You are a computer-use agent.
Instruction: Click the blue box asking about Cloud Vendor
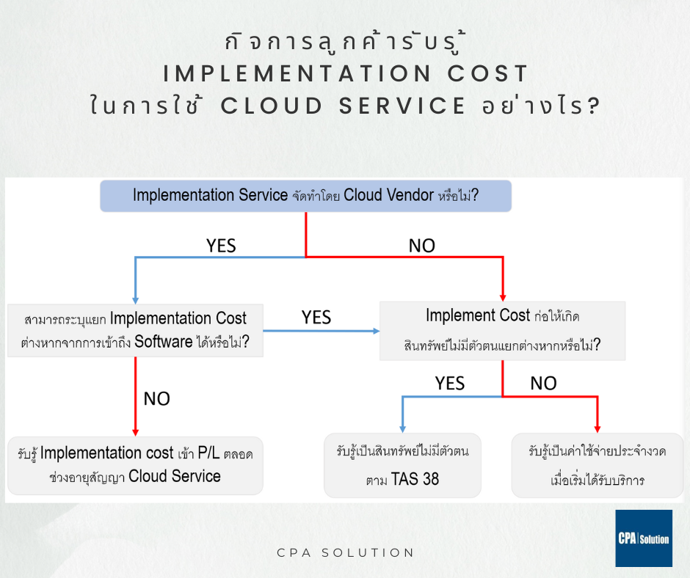pos(305,196)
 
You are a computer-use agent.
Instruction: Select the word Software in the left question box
pos(164,342)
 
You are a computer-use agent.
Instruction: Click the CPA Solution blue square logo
pos(643,538)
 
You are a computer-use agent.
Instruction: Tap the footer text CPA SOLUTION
pos(344,552)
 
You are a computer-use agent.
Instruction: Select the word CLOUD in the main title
pos(272,106)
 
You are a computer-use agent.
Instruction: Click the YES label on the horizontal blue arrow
pos(316,318)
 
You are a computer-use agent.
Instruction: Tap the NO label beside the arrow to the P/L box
pos(156,398)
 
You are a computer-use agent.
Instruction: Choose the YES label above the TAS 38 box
pos(449,383)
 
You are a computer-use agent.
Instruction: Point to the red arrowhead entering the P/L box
pos(136,431)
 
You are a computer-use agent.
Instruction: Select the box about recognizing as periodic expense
pos(597,465)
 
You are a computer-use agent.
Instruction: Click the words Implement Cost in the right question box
pos(477,315)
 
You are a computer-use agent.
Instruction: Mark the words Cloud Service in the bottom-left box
pos(175,476)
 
